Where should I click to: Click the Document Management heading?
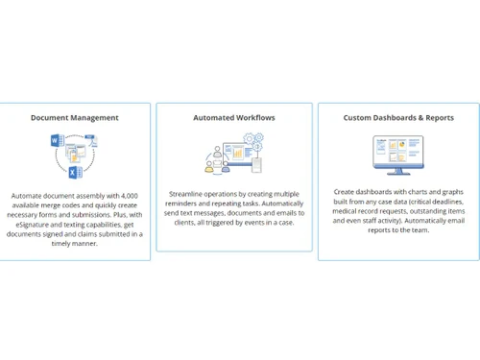[x=75, y=118]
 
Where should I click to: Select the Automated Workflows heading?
[x=234, y=118]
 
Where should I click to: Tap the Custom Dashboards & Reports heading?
[x=398, y=118]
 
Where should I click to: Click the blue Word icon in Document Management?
[x=55, y=142]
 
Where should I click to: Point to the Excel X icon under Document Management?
[x=74, y=171]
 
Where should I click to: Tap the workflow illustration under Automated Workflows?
[x=234, y=154]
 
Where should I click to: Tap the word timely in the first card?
[x=64, y=244]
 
